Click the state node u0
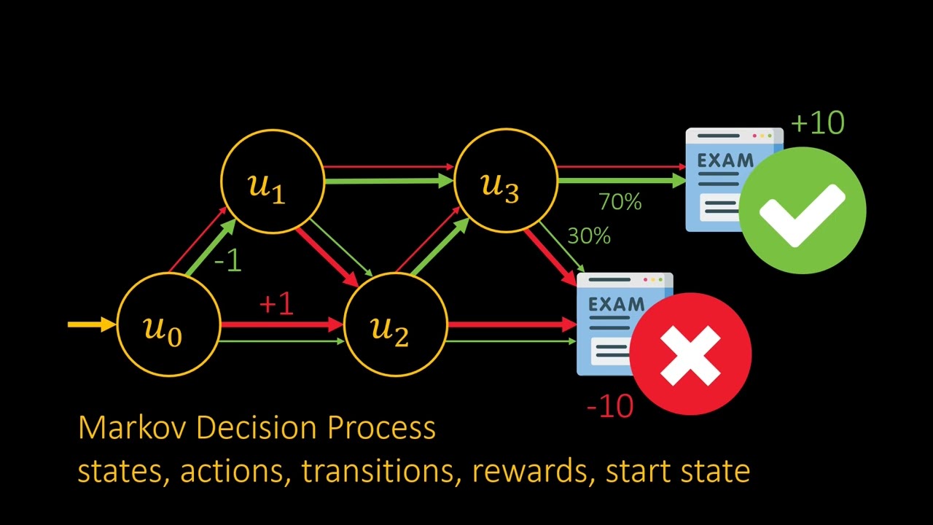coord(168,325)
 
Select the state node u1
coord(272,182)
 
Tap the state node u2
coord(394,325)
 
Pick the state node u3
coord(505,182)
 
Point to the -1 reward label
coord(228,260)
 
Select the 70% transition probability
coord(620,202)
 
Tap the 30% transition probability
coord(589,236)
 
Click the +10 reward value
coord(817,122)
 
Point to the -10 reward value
coord(610,405)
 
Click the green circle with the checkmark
coord(803,211)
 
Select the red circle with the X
coord(690,354)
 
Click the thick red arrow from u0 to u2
coord(281,324)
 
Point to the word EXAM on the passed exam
coord(725,161)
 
